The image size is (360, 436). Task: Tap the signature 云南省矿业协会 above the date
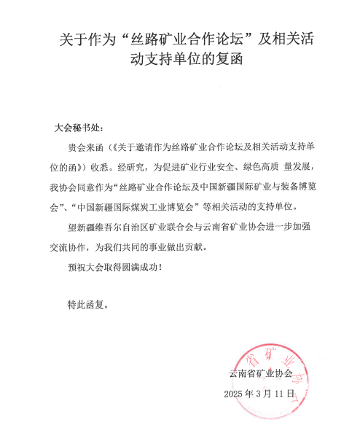tap(260, 373)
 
